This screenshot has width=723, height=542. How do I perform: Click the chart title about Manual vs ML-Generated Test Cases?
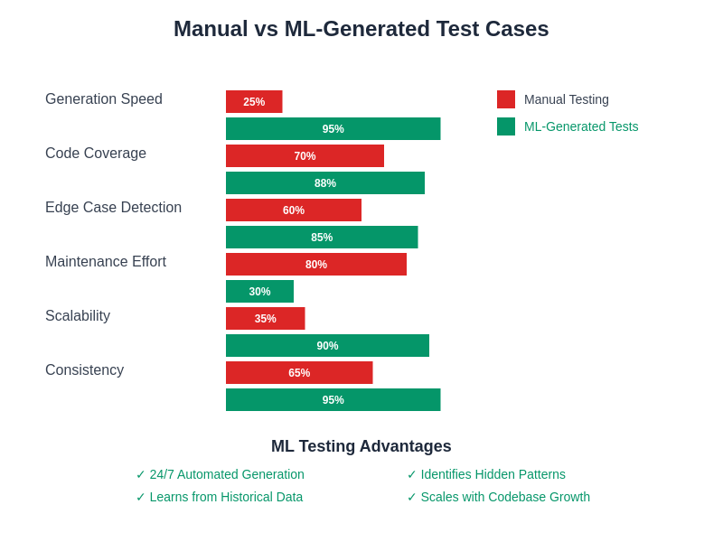[x=361, y=29]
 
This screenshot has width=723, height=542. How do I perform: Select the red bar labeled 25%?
[x=254, y=102]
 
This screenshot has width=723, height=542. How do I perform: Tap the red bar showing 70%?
[x=305, y=156]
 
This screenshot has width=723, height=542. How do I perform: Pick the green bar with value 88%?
[x=325, y=183]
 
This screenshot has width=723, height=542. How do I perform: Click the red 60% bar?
[x=294, y=210]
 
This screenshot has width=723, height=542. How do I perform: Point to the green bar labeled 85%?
[x=322, y=238]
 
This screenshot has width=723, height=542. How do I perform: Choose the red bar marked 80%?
[x=316, y=265]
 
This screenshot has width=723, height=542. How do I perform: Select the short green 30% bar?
[x=259, y=292]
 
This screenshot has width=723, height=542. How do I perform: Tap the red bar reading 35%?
[x=265, y=319]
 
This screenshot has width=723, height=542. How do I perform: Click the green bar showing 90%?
[x=327, y=346]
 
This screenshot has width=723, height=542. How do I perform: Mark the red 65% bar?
[x=299, y=373]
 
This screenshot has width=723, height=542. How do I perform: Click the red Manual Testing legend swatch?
[x=506, y=99]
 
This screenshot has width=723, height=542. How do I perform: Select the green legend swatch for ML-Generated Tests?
[x=506, y=126]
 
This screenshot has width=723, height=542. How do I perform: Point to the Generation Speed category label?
[x=104, y=99]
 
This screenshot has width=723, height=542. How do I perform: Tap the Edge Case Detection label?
[x=113, y=208]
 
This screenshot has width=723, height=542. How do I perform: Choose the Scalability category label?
[x=78, y=316]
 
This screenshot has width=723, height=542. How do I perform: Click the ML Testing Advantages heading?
[x=361, y=446]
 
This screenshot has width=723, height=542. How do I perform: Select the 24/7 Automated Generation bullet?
[x=220, y=474]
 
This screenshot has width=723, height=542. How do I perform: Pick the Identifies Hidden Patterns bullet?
[x=486, y=474]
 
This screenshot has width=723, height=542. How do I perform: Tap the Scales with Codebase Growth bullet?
[x=498, y=497]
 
